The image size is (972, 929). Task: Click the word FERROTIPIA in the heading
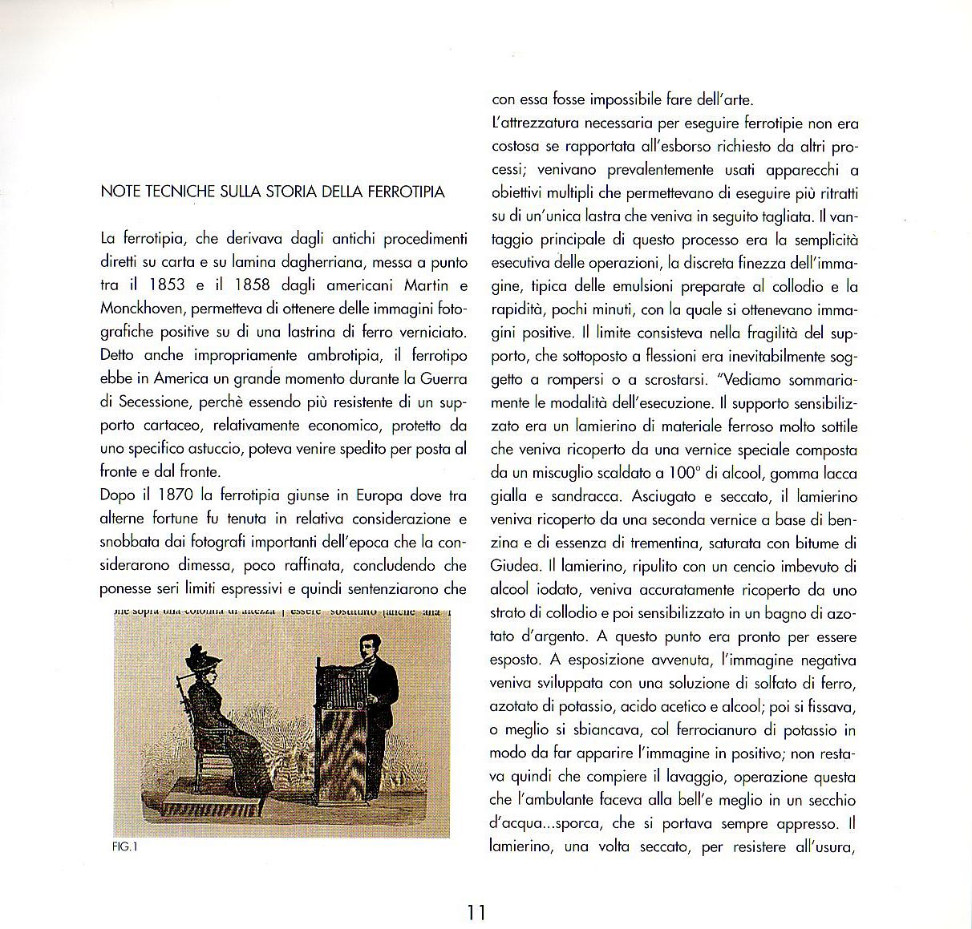tap(407, 192)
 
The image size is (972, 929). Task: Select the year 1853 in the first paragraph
tap(167, 285)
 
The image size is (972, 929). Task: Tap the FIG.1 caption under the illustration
tap(125, 848)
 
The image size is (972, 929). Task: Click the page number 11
tap(476, 912)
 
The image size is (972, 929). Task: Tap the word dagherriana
tap(308, 261)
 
